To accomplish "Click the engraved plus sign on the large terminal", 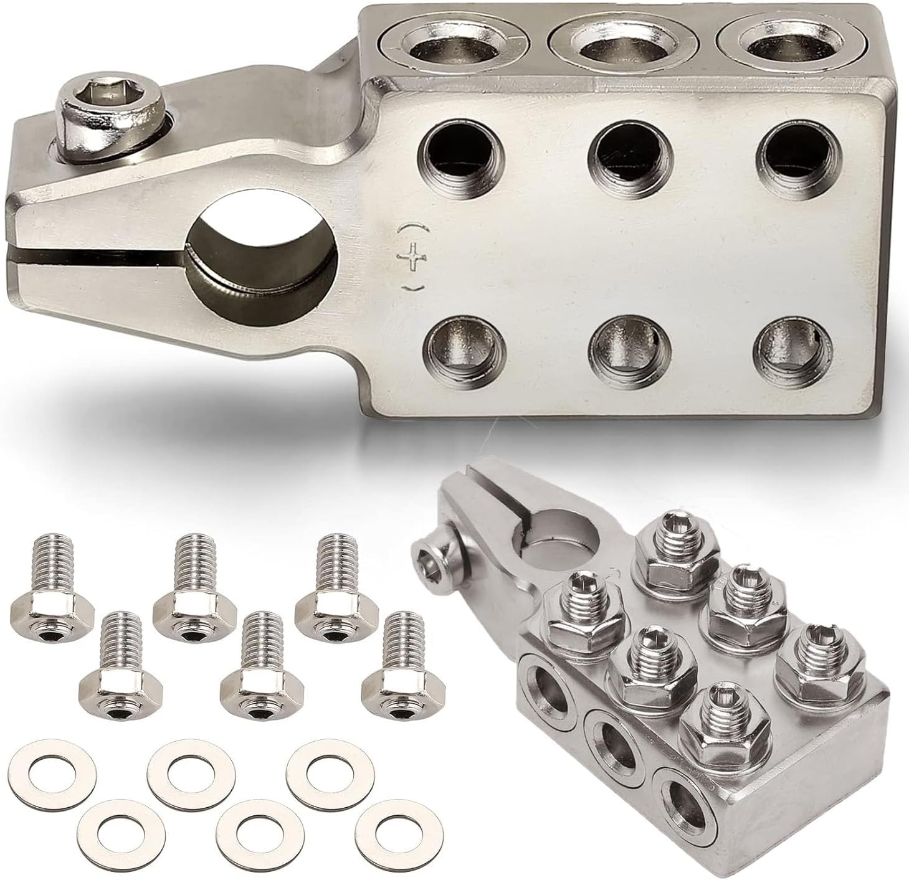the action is [x=409, y=259].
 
